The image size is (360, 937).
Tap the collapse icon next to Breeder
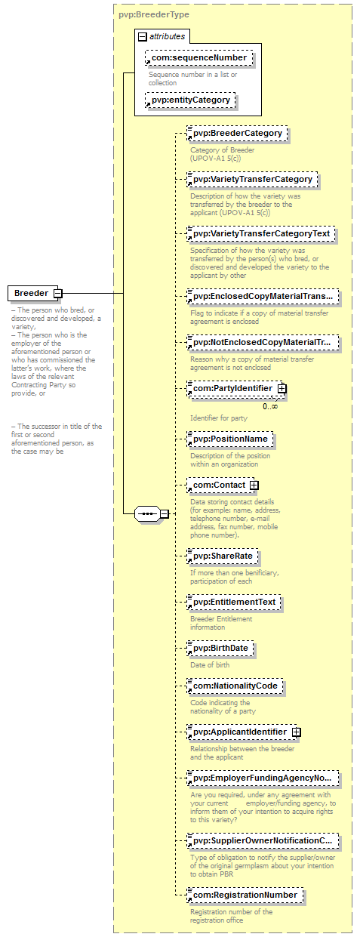(x=58, y=293)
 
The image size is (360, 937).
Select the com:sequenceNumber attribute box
(x=199, y=57)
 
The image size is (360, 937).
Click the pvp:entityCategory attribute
(x=190, y=100)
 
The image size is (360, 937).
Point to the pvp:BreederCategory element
(x=237, y=134)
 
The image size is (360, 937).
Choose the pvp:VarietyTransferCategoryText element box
(x=261, y=234)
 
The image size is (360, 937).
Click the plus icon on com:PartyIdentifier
(x=282, y=389)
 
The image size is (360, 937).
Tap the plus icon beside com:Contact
(x=254, y=485)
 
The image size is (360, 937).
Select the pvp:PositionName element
(x=230, y=439)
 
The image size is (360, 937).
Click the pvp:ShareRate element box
(x=223, y=556)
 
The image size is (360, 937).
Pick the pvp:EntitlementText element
(x=234, y=603)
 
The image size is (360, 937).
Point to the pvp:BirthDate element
(x=220, y=649)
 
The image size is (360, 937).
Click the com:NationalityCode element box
(x=235, y=686)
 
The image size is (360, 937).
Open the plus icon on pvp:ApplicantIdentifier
(x=296, y=732)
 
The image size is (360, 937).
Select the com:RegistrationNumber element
(x=245, y=895)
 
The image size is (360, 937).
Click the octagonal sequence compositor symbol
(x=147, y=513)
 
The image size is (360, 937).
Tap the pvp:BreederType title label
(x=154, y=14)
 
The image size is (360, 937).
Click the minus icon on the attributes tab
(x=143, y=37)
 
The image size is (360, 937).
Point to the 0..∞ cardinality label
(x=270, y=406)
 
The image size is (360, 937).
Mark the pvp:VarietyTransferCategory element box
(x=252, y=180)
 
